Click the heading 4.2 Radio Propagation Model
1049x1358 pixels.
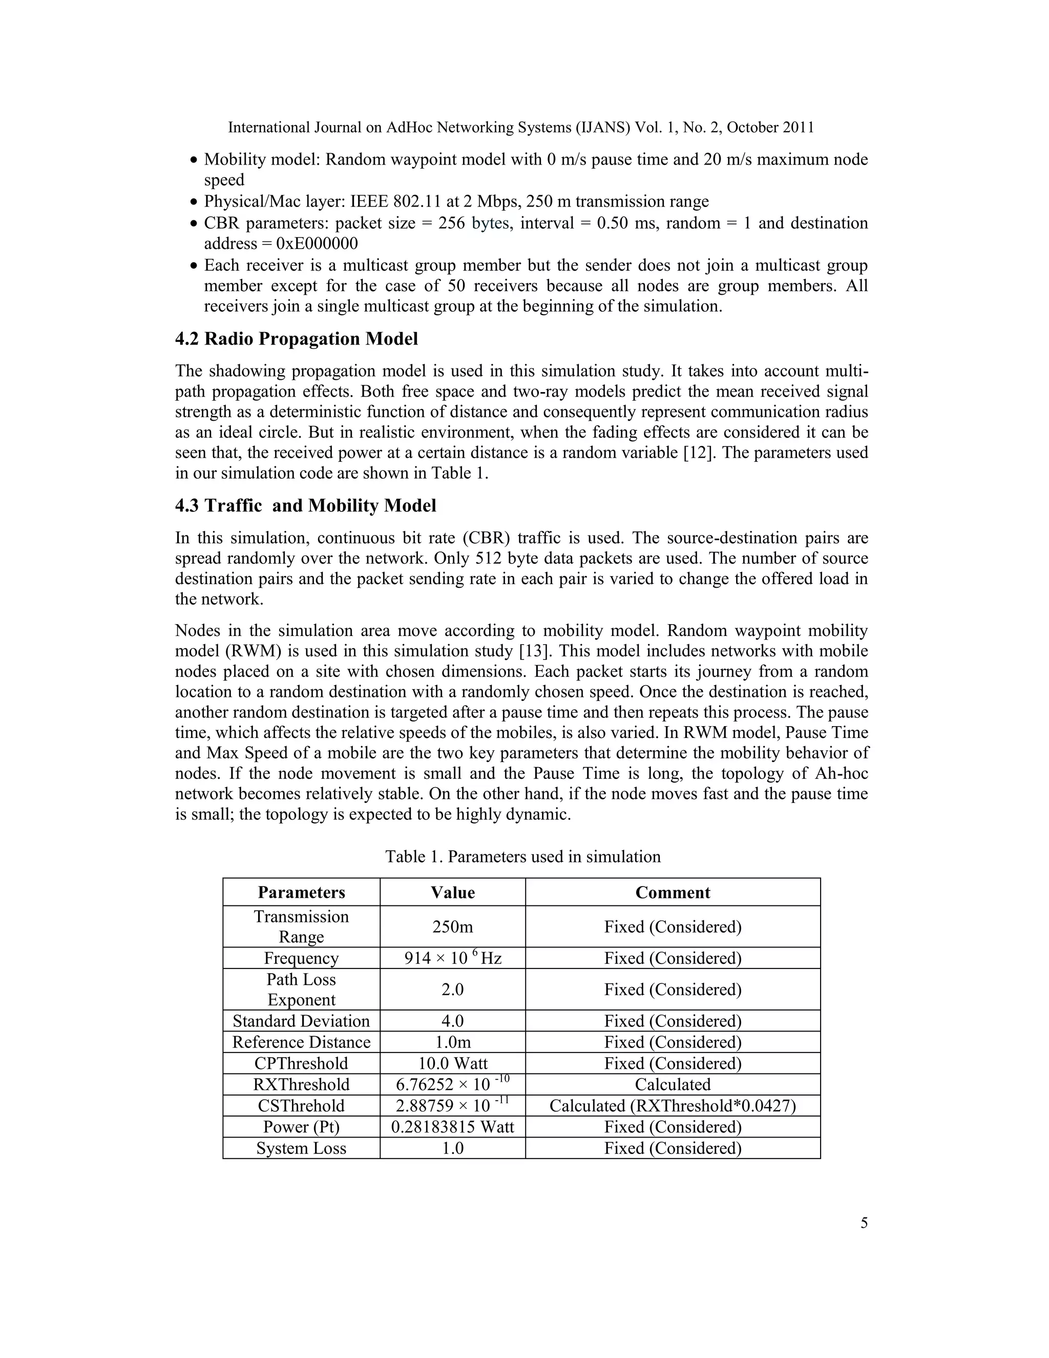click(x=297, y=339)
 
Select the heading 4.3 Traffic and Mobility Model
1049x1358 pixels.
click(x=305, y=505)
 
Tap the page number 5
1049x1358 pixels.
click(x=864, y=1223)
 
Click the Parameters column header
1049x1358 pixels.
click(x=301, y=892)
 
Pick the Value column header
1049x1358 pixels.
click(x=452, y=892)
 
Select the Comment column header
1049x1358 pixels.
click(x=673, y=892)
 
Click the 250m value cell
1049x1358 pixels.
click(x=452, y=927)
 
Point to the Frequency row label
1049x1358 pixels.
click(x=301, y=958)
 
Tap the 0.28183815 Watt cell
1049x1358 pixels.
click(x=452, y=1127)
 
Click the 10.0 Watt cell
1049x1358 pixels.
click(x=452, y=1063)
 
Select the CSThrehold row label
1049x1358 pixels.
click(x=301, y=1105)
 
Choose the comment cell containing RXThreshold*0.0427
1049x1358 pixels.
click(x=673, y=1105)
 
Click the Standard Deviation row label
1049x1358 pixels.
click(x=301, y=1021)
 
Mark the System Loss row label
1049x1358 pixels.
click(x=301, y=1148)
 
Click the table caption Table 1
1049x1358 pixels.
click(x=522, y=857)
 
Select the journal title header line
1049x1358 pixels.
click(x=521, y=128)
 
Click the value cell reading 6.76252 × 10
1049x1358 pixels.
click(x=452, y=1084)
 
